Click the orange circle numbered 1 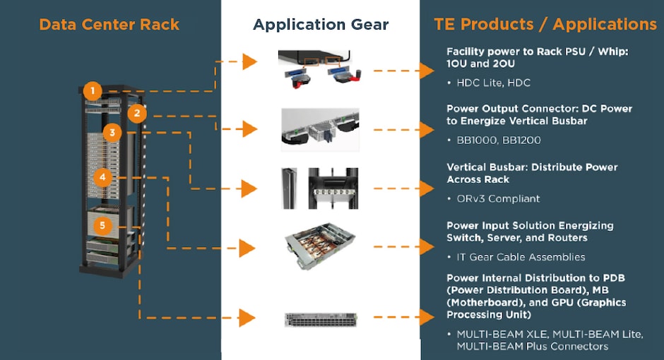[91, 91]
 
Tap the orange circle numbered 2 [137, 113]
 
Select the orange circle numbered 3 [112, 132]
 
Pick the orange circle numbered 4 [103, 177]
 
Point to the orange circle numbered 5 [103, 226]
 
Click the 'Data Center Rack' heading [109, 25]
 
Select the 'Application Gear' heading [321, 25]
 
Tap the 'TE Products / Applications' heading [545, 25]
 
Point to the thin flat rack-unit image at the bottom [320, 319]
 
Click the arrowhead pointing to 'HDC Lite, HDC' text [426, 71]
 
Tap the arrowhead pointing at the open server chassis [247, 248]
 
